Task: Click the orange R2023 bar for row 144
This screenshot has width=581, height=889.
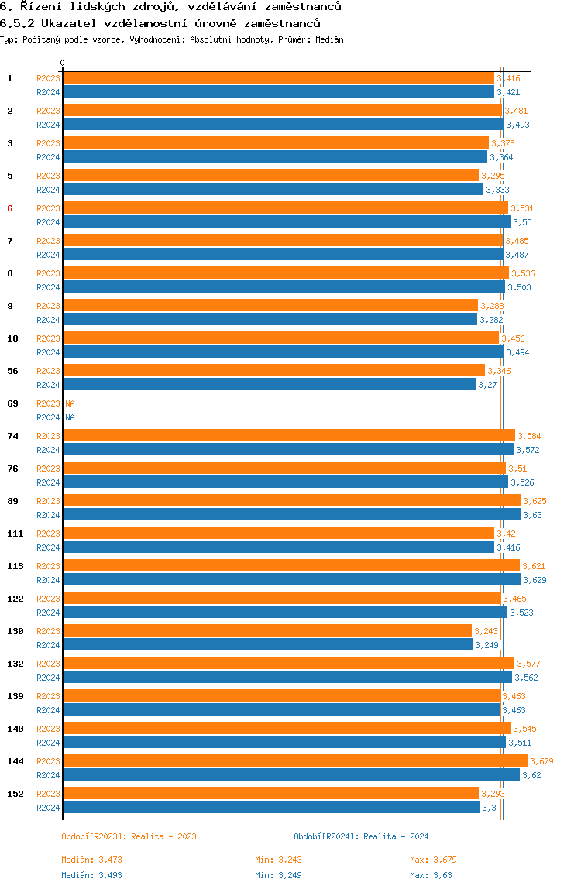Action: [295, 761]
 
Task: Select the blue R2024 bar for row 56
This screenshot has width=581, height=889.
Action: [270, 384]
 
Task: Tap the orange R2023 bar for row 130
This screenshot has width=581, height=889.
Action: [267, 630]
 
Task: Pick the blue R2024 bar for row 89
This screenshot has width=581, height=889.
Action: [291, 515]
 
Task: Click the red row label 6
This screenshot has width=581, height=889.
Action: [9, 208]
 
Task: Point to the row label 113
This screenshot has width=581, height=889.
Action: [15, 566]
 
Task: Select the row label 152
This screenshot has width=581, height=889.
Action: [15, 794]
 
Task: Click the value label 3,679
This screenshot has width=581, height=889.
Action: [541, 761]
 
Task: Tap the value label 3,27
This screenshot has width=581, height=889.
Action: [487, 385]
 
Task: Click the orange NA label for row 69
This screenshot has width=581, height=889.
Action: [70, 403]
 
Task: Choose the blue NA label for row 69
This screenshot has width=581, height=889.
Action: [70, 417]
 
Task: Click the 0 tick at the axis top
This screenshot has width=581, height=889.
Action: [63, 63]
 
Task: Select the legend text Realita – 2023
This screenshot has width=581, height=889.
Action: [164, 836]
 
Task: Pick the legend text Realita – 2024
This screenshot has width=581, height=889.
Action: [396, 836]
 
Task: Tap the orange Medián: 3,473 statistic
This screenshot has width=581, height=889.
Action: [92, 860]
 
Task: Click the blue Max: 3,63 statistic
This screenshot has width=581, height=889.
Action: [431, 875]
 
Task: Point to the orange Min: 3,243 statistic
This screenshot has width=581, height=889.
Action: [279, 860]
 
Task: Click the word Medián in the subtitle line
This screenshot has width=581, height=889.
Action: [330, 39]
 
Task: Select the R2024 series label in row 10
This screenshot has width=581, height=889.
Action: [48, 352]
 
